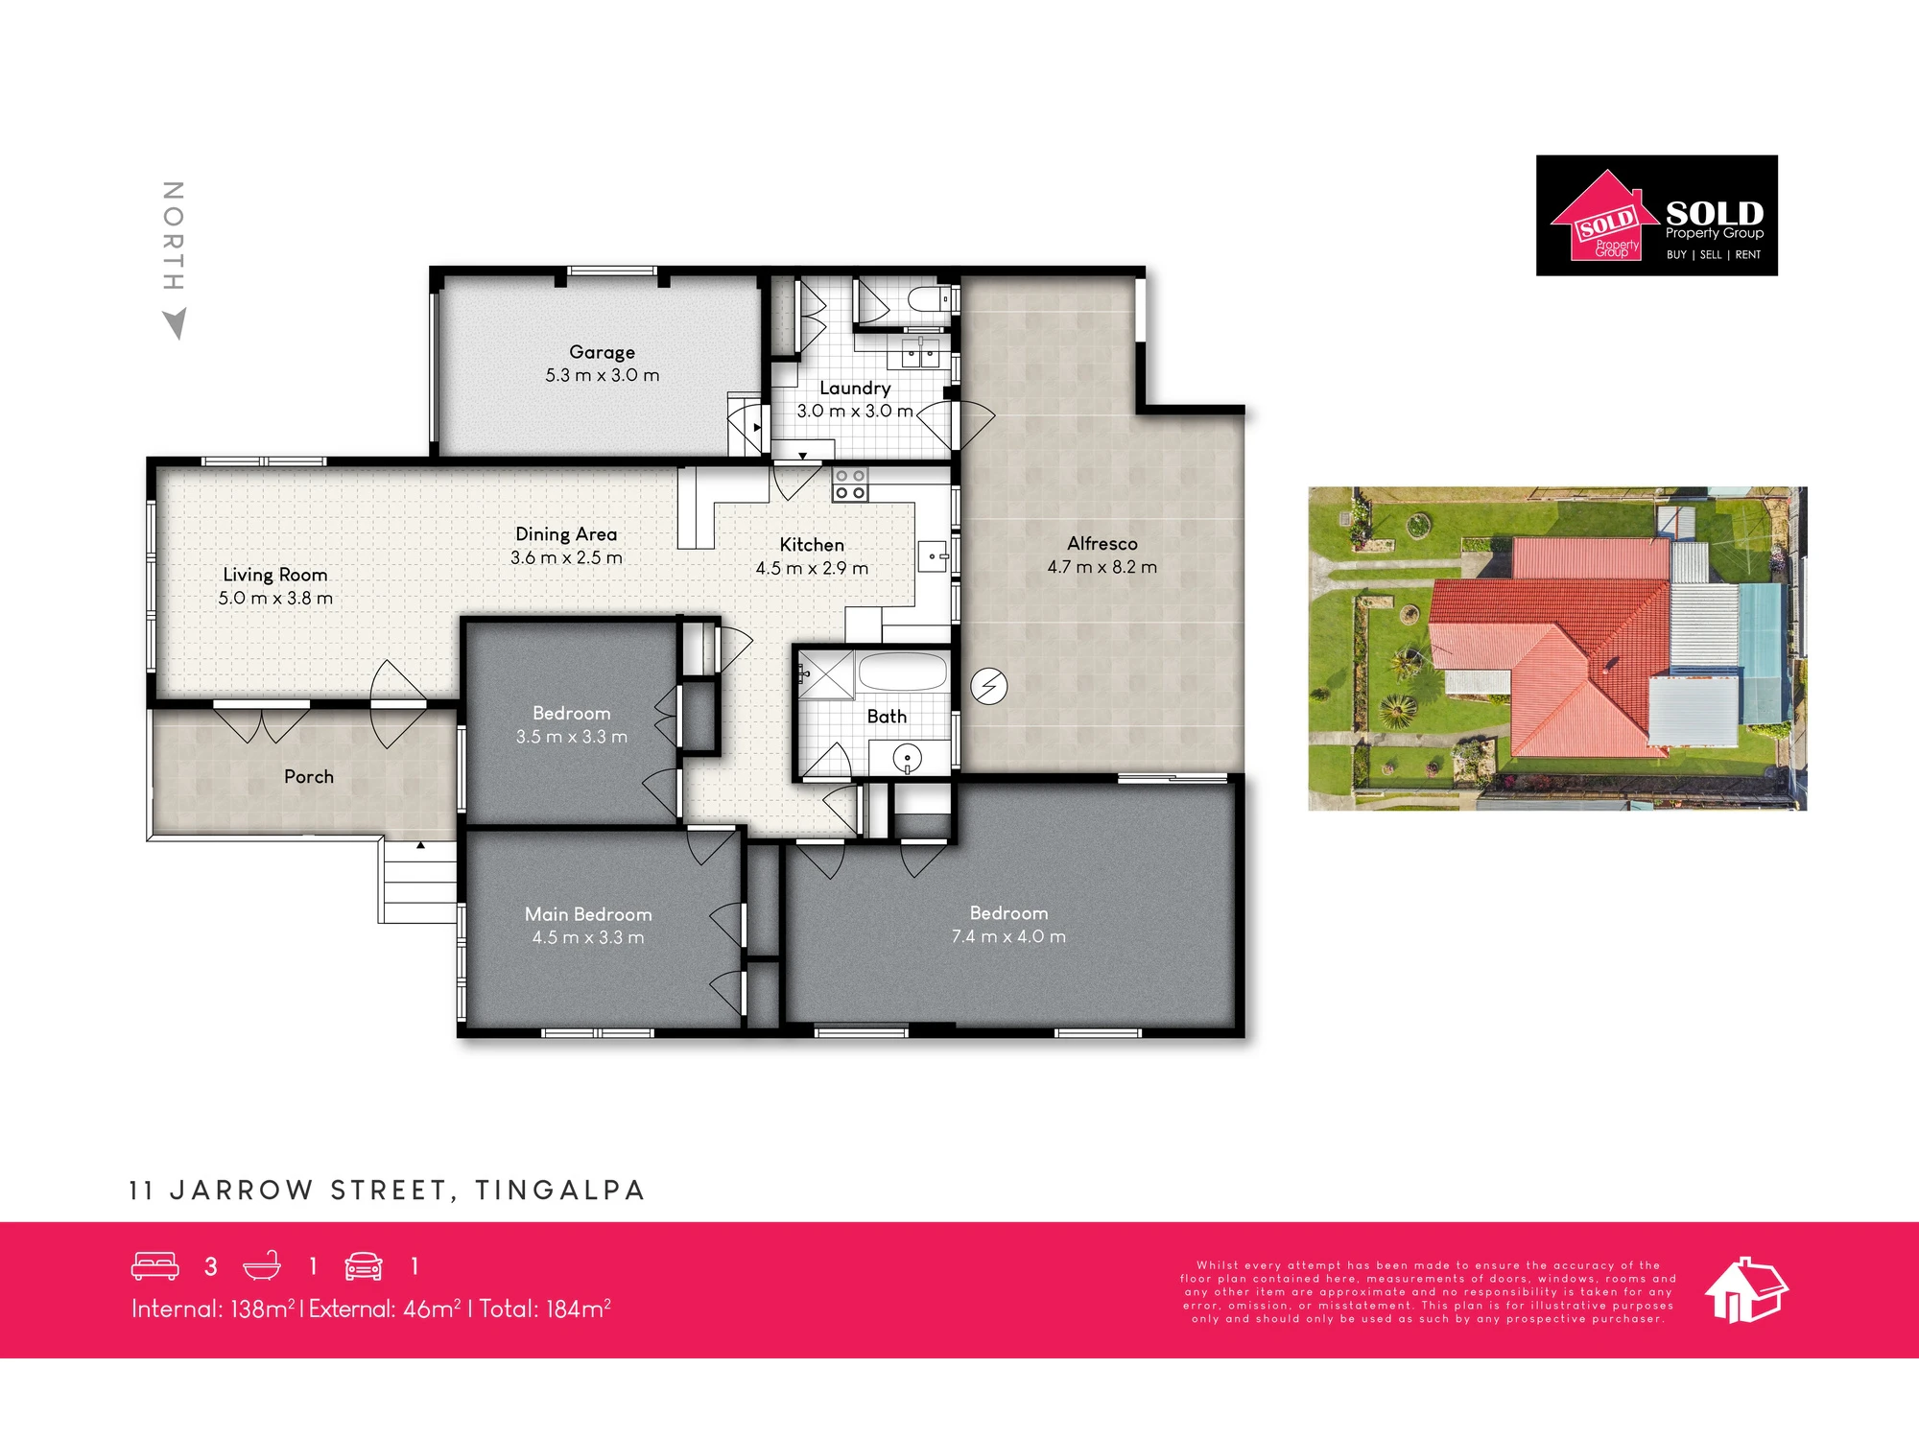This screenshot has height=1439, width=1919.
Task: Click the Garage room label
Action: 602,352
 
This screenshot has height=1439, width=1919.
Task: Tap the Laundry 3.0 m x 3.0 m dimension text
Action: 855,411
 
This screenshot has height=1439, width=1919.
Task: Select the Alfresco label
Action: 1102,544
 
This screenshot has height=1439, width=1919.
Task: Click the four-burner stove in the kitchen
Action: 850,484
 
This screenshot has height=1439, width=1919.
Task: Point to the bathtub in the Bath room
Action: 902,672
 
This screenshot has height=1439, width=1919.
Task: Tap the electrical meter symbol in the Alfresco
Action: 989,687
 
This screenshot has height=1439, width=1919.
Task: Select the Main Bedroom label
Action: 588,914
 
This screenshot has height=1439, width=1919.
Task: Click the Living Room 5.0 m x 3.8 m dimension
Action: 275,598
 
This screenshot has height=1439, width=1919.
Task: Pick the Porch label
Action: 309,776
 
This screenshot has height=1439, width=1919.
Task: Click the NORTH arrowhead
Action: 175,324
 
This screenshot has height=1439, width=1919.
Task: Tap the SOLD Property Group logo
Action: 1657,216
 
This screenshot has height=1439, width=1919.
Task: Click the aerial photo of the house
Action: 1557,649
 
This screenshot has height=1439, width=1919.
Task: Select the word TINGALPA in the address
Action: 560,1191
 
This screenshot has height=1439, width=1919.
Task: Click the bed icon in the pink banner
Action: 155,1266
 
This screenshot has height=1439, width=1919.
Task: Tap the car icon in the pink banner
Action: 364,1266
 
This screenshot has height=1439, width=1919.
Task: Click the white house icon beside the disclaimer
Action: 1746,1289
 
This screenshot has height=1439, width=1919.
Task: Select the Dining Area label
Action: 566,534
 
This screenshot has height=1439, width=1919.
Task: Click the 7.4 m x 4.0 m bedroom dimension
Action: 1008,936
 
